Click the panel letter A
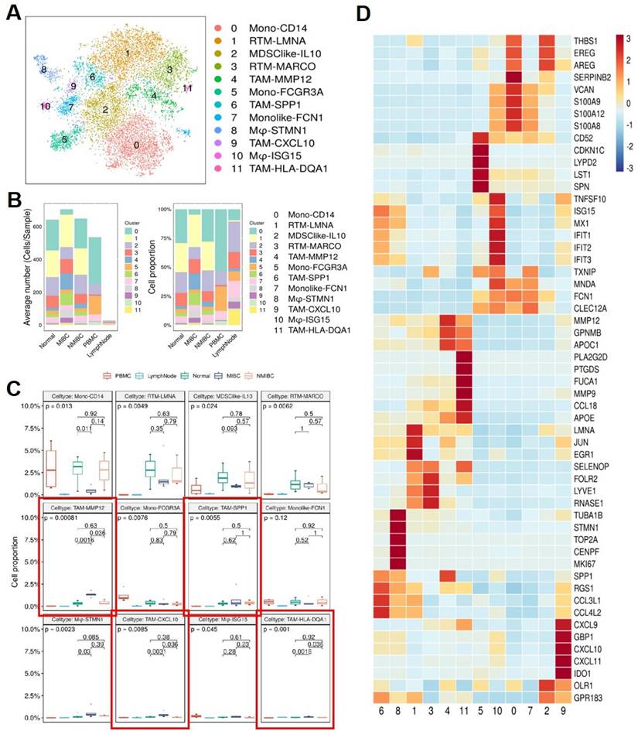click(x=13, y=14)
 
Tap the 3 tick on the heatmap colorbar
click(x=628, y=37)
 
